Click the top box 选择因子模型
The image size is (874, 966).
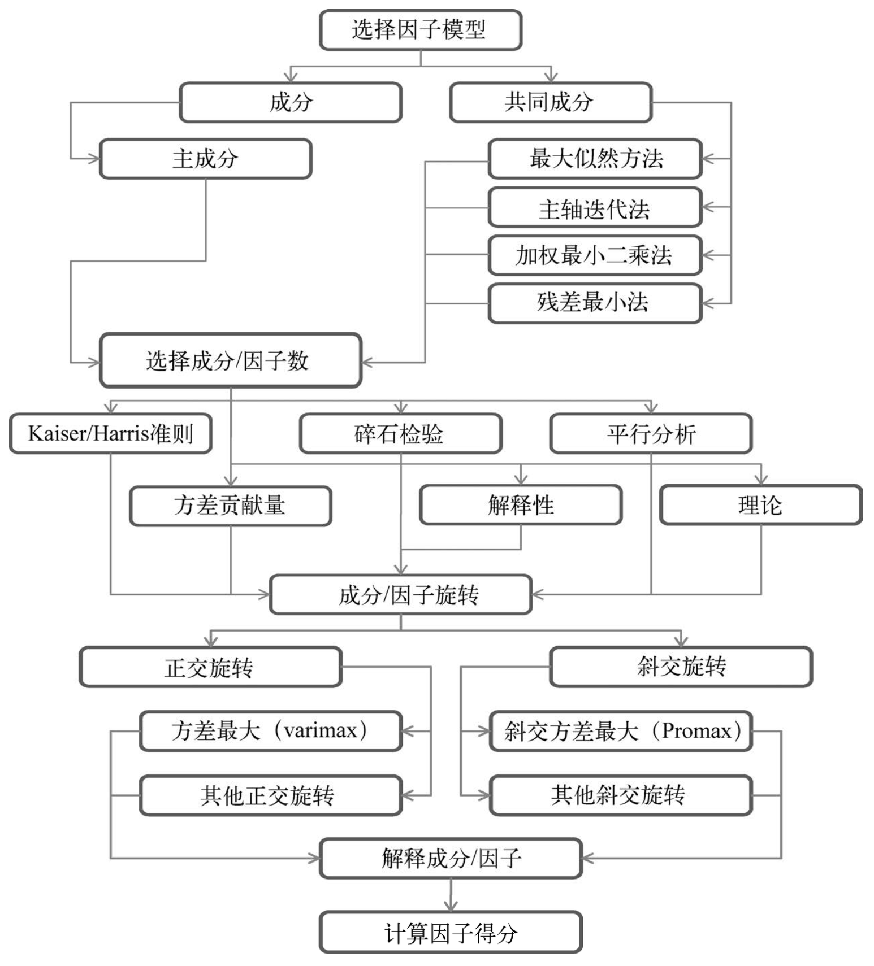[420, 30]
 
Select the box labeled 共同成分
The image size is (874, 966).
[550, 102]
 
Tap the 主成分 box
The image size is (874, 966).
[205, 159]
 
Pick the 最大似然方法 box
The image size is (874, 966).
[595, 159]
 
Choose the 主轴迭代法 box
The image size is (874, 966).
[595, 208]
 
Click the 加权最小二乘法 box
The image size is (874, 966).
[595, 255]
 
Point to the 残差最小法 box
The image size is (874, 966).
[595, 303]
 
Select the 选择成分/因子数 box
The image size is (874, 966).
[230, 360]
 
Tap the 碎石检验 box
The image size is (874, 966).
[400, 434]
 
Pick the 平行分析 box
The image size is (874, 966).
[651, 434]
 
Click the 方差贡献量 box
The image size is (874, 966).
[230, 506]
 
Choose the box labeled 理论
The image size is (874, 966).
[760, 504]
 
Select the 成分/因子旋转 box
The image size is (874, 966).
[400, 595]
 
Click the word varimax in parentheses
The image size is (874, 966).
[321, 730]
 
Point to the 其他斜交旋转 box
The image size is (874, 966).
[620, 795]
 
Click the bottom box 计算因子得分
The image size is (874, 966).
[450, 933]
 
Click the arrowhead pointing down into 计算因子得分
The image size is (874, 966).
[451, 906]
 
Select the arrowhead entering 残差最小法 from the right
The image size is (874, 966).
[708, 303]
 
